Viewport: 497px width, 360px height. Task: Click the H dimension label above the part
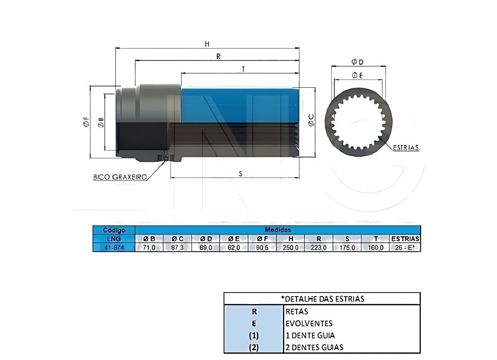(207, 44)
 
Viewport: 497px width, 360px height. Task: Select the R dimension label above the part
(219, 57)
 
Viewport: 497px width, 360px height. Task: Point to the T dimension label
(244, 69)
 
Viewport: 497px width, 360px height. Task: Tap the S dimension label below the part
(241, 174)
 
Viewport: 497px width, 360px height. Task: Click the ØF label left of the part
(86, 122)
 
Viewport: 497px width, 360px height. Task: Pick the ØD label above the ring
(357, 62)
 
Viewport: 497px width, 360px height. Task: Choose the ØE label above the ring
(357, 76)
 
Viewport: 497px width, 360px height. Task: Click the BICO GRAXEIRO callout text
(120, 177)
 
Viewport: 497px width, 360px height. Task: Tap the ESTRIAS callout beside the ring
(406, 147)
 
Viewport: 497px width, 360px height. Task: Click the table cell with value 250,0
(290, 247)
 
